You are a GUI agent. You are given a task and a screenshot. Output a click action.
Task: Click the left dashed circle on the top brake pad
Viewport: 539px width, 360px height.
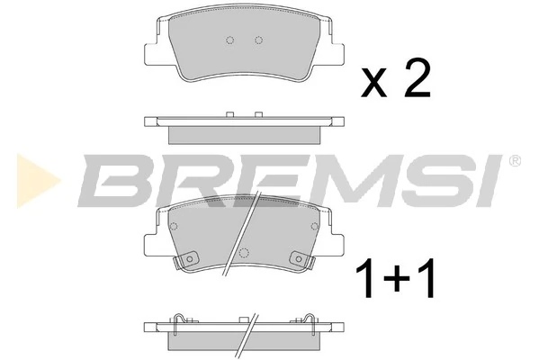coord(229,40)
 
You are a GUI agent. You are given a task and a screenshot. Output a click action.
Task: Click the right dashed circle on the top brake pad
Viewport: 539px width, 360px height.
coord(259,40)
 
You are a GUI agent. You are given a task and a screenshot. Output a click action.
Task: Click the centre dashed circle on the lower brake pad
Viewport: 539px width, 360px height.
coord(243,252)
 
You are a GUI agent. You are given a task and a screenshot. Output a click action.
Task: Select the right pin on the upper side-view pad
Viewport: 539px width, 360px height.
coord(259,113)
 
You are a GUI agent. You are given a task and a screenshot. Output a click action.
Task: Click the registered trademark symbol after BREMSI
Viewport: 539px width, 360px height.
coord(515,162)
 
